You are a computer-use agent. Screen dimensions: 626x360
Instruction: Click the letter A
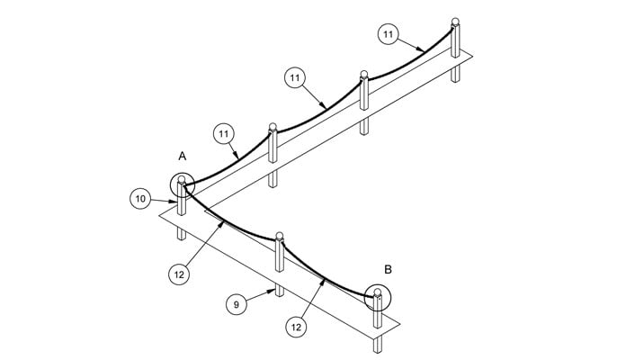(x=182, y=157)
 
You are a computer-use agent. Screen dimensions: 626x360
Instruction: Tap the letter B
(x=388, y=270)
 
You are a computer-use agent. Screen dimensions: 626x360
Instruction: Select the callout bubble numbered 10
(x=140, y=199)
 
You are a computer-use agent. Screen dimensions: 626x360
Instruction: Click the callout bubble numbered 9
(x=237, y=304)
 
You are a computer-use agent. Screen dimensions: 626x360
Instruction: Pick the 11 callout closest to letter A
(x=224, y=134)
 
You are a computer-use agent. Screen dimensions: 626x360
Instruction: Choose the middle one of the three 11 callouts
(x=295, y=77)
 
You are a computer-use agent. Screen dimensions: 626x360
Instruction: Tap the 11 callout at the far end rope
(x=388, y=34)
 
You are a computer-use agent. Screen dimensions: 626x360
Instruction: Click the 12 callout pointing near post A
(x=179, y=274)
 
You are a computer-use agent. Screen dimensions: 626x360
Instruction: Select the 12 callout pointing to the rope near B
(x=296, y=328)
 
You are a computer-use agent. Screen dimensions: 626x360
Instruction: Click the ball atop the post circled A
(x=182, y=179)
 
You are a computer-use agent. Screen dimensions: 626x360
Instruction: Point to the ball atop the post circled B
(x=377, y=292)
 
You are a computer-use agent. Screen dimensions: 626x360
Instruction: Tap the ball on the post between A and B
(x=280, y=235)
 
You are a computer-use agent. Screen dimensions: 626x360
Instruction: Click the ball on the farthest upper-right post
(x=455, y=22)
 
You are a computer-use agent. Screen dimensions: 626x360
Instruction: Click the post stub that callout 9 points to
(x=280, y=290)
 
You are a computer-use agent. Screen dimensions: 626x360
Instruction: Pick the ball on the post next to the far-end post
(x=363, y=74)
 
